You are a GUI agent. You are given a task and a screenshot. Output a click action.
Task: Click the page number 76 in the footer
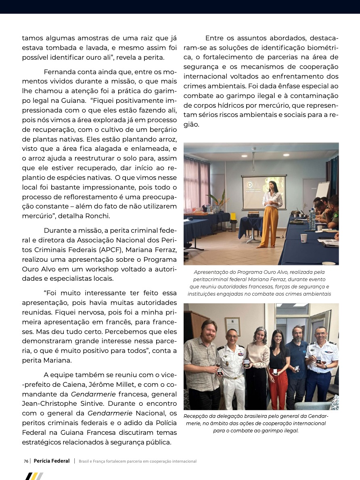(x=26, y=461)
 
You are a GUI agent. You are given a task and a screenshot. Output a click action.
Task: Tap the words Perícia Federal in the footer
(x=52, y=461)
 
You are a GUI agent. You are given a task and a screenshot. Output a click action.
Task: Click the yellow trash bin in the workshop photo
(x=233, y=217)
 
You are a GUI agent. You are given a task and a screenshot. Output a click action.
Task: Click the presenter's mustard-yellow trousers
(x=269, y=226)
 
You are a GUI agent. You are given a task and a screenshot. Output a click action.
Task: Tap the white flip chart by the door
(x=322, y=190)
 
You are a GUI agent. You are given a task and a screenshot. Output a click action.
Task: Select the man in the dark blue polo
(x=297, y=363)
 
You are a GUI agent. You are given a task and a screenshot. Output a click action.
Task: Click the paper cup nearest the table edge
(x=303, y=238)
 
